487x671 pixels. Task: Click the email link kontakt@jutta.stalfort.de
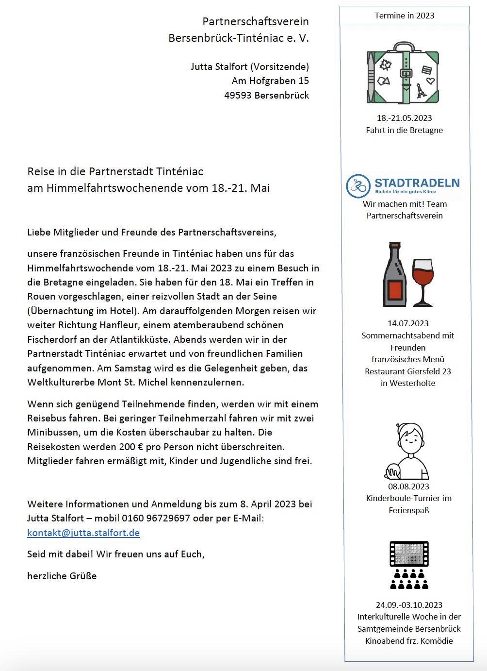tap(83, 533)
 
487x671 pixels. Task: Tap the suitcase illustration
tap(403, 74)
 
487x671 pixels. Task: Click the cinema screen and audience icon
tap(409, 565)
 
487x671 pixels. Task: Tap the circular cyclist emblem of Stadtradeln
tap(358, 186)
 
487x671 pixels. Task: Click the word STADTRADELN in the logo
tap(417, 183)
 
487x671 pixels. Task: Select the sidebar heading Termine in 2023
tap(405, 16)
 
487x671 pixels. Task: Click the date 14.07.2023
tap(408, 323)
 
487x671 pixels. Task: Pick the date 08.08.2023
tap(408, 486)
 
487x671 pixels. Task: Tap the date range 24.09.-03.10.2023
tap(409, 605)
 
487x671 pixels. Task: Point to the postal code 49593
tap(238, 95)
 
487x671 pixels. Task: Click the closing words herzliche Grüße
tap(62, 576)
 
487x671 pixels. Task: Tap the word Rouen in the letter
tap(41, 296)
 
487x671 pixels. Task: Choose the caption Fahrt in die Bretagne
tap(404, 130)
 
